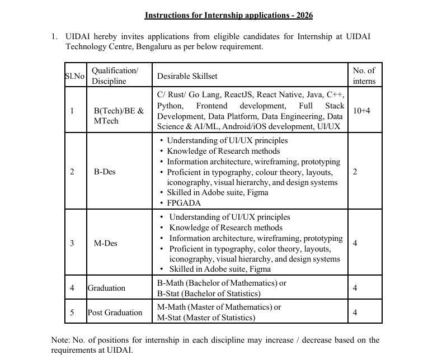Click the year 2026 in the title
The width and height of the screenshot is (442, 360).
pos(310,15)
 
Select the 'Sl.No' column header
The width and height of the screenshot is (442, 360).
pos(75,75)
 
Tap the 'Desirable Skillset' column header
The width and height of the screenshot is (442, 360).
pos(187,75)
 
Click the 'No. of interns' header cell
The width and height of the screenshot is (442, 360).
pos(364,75)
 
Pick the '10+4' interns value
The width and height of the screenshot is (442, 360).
pos(361,111)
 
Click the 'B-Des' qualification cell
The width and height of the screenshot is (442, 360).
pos(105,172)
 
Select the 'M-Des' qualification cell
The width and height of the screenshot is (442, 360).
pos(105,243)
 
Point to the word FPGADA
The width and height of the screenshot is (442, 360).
pos(184,203)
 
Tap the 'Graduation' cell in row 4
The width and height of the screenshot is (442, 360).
pos(106,288)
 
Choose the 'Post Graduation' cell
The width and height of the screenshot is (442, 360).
pos(115,312)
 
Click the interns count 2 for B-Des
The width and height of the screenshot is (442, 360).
pos(355,172)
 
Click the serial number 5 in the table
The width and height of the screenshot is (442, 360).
pos(72,312)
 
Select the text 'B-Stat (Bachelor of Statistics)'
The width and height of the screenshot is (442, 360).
pos(209,293)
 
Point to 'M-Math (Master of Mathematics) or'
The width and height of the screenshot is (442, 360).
pos(219,307)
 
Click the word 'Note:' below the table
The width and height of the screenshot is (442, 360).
pos(60,340)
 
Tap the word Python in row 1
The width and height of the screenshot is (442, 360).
pos(169,106)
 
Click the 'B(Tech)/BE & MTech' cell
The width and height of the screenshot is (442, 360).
pos(119,116)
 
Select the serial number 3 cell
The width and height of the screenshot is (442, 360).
pos(72,243)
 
